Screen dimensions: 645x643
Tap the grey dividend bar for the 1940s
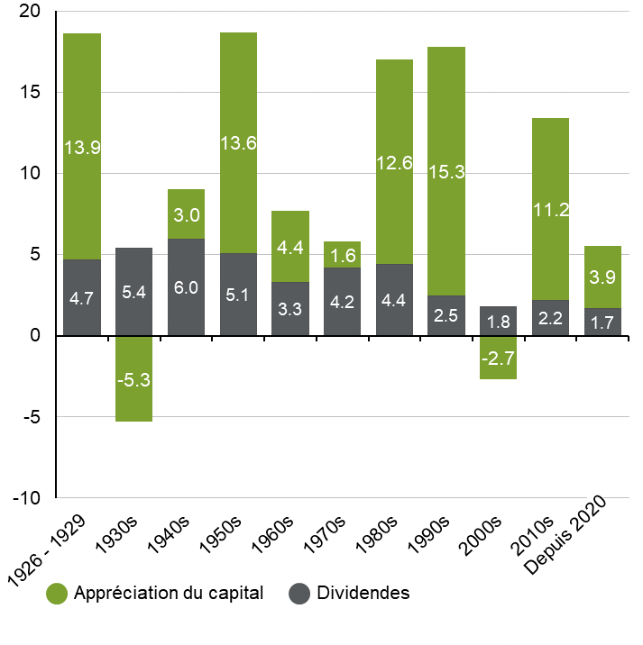186,286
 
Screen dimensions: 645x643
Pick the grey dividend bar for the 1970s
342,302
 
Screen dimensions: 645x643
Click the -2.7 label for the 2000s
498,359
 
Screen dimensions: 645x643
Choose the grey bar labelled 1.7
602,322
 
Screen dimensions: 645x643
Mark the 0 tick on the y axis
36,336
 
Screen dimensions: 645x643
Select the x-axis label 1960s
274,532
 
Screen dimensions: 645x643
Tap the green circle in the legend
58,594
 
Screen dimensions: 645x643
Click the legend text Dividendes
363,594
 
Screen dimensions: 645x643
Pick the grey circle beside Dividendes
300,594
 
